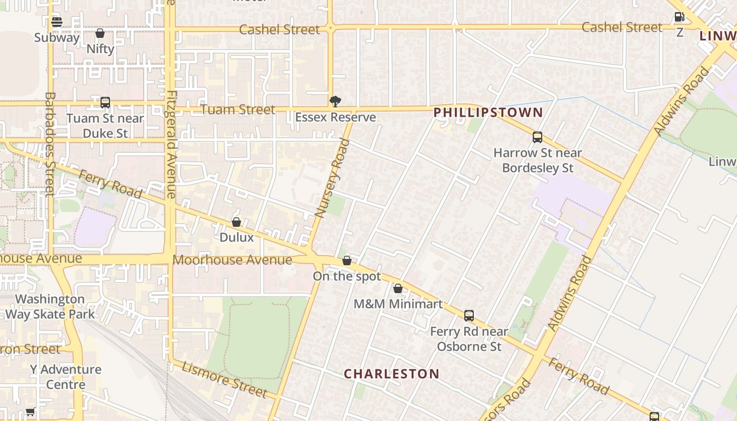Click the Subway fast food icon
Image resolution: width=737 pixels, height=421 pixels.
[57, 22]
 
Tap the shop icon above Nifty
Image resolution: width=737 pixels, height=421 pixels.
[100, 34]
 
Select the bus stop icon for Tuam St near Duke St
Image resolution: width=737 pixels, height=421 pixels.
[105, 103]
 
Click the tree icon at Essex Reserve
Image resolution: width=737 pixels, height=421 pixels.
[335, 102]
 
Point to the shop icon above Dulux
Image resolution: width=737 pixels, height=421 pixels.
[236, 223]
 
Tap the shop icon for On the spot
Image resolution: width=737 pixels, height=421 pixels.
[347, 261]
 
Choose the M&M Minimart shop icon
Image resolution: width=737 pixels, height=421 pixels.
[398, 289]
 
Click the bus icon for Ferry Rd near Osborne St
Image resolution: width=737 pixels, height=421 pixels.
[469, 316]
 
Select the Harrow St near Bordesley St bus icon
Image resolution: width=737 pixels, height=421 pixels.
[537, 138]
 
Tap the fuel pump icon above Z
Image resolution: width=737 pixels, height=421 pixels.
[680, 17]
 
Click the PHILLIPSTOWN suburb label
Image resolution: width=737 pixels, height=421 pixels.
[488, 112]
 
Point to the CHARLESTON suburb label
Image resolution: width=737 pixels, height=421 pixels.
[392, 374]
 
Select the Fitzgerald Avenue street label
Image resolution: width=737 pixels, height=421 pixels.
[171, 145]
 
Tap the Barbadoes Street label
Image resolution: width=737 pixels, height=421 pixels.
[50, 144]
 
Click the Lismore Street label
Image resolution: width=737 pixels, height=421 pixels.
[225, 379]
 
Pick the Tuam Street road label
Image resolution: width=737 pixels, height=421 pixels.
[237, 109]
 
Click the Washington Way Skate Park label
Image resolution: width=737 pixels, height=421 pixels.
[50, 307]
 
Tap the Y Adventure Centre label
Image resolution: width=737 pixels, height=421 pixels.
[65, 377]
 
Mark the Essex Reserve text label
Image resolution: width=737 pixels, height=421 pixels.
[335, 117]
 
